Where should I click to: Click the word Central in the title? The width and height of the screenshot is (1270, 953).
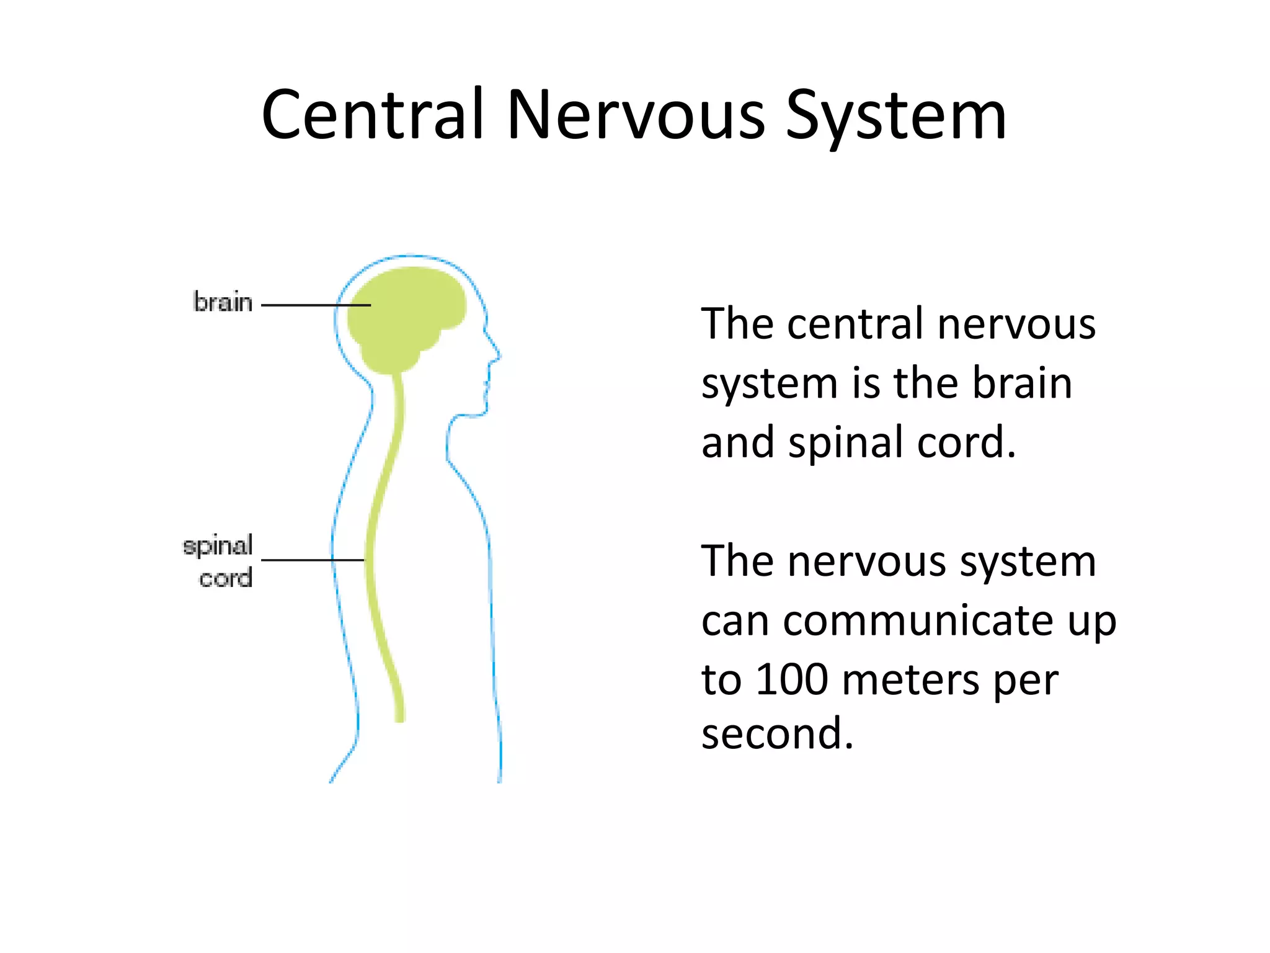(x=372, y=115)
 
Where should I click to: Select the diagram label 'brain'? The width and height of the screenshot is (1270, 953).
(x=223, y=303)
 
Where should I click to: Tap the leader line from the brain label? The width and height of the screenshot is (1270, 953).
(x=298, y=305)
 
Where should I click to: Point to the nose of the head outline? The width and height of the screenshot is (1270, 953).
(x=498, y=355)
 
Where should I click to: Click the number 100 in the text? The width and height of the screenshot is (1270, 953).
(x=792, y=679)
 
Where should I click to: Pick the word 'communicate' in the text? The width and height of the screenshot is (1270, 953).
(x=918, y=620)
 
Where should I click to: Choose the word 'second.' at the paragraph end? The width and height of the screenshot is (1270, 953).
(x=777, y=733)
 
